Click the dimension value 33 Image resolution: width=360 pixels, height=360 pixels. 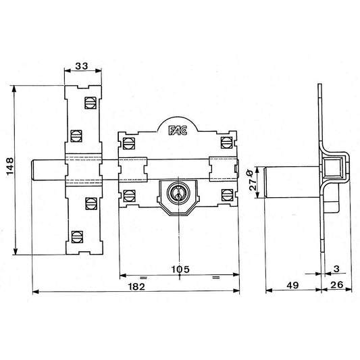click(82, 66)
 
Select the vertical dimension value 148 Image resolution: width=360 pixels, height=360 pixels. click(10, 166)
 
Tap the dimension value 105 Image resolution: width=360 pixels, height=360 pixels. click(181, 269)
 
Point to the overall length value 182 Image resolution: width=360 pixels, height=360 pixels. click(136, 286)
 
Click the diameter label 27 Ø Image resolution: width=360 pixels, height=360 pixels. click(253, 180)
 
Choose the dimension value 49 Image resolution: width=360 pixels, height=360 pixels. click(292, 285)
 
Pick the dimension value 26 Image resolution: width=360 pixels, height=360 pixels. click(337, 285)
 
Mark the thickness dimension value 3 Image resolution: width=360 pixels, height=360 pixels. click(336, 269)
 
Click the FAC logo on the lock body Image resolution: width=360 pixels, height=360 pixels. click(178, 130)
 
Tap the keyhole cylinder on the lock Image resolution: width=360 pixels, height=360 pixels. click(178, 191)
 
